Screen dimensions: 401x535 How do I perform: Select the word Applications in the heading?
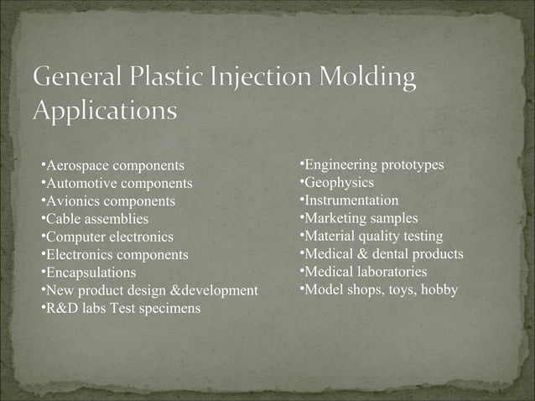[x=106, y=111]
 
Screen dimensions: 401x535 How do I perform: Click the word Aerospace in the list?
[x=77, y=164]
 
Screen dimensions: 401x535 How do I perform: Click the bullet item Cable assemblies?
[x=96, y=219]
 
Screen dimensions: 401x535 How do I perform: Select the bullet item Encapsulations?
[x=90, y=273]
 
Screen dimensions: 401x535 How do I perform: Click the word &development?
[x=213, y=290]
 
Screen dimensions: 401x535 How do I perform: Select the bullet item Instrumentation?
[x=351, y=200]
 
